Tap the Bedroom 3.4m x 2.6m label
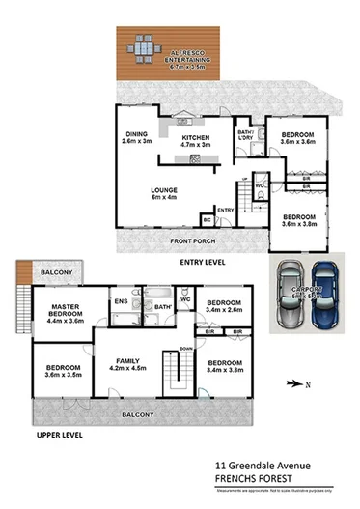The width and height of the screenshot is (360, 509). tap(223, 307)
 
